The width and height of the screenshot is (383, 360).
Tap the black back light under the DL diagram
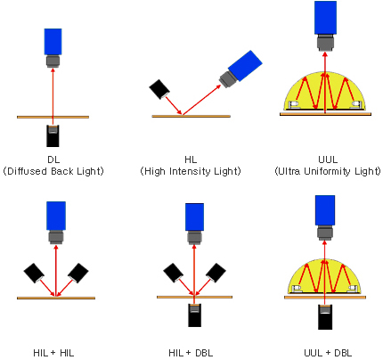pos(53,136)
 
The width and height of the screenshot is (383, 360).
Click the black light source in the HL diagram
pos(159,89)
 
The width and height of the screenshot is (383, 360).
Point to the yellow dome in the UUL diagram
pos(325,92)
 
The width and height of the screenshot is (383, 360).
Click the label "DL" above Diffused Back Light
pos(53,160)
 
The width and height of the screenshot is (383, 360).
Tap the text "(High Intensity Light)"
pos(191,171)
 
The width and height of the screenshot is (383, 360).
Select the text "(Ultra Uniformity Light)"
pos(328,171)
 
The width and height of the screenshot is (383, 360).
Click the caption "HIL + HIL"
pos(53,353)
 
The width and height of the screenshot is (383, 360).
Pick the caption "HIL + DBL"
pos(191,353)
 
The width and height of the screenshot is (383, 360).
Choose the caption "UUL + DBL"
pos(328,353)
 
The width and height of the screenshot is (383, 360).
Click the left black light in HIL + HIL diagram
pos(34,273)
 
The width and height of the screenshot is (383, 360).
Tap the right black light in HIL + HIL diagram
pos(78,273)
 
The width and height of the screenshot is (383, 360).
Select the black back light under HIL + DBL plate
pos(194,315)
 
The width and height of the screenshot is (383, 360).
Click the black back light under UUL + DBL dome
pos(325,317)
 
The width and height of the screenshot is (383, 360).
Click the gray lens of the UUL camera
pos(325,43)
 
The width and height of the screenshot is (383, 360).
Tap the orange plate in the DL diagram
pos(53,117)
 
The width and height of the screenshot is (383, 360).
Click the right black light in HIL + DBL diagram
pos(216,273)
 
